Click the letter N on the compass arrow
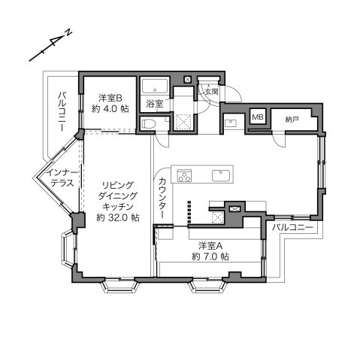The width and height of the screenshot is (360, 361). (x=68, y=33)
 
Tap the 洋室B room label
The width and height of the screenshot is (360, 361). (x=110, y=98)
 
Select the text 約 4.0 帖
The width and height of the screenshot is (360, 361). (x=110, y=109)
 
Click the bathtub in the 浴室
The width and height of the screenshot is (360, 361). (x=155, y=86)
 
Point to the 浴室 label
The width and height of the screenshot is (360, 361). (x=155, y=104)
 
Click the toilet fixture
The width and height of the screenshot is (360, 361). (x=149, y=123)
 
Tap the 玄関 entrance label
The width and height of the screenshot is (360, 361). (x=211, y=91)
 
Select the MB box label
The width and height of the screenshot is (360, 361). (x=258, y=117)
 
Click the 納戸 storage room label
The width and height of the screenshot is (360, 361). (x=292, y=120)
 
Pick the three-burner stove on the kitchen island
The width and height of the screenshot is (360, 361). (x=185, y=175)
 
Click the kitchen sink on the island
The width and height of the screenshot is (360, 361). (x=221, y=175)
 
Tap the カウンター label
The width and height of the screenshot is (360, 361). (x=163, y=197)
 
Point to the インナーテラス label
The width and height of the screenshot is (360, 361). (x=62, y=177)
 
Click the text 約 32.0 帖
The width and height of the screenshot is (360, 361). (x=118, y=217)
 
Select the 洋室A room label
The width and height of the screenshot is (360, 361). (x=210, y=246)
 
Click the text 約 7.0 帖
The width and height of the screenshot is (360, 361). (x=210, y=256)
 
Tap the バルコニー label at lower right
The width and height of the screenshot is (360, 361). (x=293, y=227)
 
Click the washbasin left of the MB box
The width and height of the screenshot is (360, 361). (x=231, y=123)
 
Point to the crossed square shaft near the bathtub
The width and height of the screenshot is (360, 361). (x=188, y=80)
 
